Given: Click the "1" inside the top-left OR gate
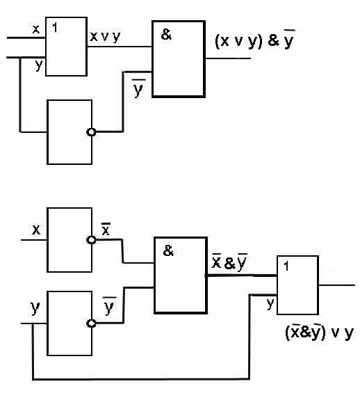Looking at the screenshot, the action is point(55,28).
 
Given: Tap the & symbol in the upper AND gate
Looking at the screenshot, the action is point(166,35).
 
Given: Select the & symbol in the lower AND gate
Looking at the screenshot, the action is point(168,250).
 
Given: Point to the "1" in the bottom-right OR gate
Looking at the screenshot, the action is point(286,266).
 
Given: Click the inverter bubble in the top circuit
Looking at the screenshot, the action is point(91,132).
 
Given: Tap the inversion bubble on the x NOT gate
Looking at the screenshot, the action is point(91,240).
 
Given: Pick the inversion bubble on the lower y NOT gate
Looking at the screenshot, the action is point(91,323).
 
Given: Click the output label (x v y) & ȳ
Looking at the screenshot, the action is point(255,40).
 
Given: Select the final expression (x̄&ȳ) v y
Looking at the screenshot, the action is point(319,332).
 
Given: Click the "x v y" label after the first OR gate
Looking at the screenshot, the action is point(105,37).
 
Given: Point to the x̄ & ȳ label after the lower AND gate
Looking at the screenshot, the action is point(229,262).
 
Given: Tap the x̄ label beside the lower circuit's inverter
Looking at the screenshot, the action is point(106,229).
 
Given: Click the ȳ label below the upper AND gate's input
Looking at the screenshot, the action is point(138,88).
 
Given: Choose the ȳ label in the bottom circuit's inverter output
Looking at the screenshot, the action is point(109,306).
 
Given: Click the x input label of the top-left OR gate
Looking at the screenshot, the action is point(36,29).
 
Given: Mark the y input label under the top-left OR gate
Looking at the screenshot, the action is point(38,65).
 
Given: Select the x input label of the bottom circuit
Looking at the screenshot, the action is point(36,230).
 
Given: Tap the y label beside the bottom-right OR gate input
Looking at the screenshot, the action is point(270,304).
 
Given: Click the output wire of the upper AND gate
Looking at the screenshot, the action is point(228,58).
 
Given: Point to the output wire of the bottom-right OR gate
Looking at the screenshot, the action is point(336,285).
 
